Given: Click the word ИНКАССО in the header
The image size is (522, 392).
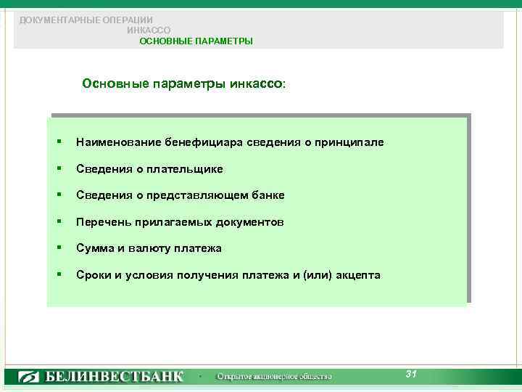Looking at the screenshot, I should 149,30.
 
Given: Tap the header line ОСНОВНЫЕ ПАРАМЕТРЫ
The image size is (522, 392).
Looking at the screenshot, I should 196,41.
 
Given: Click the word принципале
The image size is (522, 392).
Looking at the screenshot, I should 349,142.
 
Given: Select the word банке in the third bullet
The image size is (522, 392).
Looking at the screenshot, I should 269,195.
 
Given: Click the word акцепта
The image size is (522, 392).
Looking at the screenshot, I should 358,275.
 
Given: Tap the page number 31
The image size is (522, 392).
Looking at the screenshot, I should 411,374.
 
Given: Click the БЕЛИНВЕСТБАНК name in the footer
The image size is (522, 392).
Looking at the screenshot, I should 115,377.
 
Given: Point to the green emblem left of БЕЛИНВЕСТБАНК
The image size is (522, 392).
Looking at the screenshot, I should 30,377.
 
